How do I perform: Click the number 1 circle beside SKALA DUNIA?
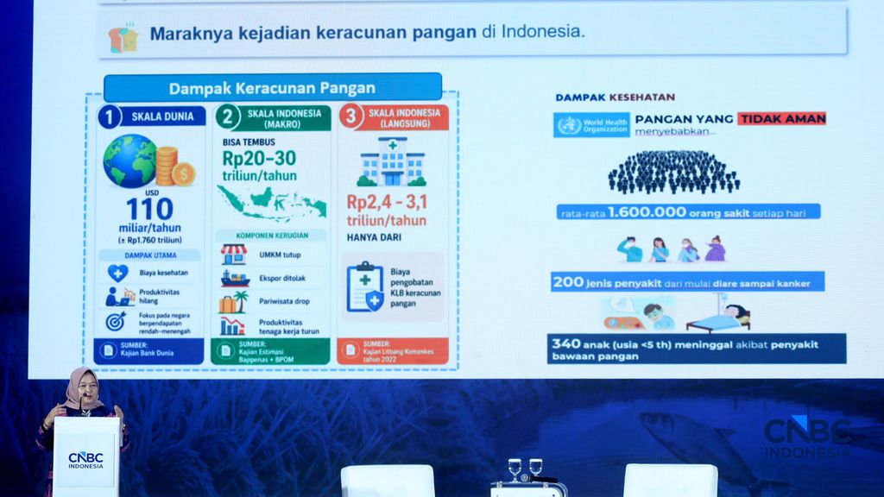(110, 116)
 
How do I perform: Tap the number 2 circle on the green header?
(226, 117)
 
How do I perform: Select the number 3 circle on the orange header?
(350, 117)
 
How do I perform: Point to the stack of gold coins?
(174, 166)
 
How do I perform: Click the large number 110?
(150, 208)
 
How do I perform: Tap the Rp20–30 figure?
(260, 159)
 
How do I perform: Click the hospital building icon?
(392, 161)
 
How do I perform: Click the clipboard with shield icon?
(364, 287)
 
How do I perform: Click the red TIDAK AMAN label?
(782, 119)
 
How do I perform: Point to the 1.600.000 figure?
(646, 211)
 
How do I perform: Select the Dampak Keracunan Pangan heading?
(272, 87)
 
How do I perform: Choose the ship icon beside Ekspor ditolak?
(234, 279)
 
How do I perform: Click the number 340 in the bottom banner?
(566, 343)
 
